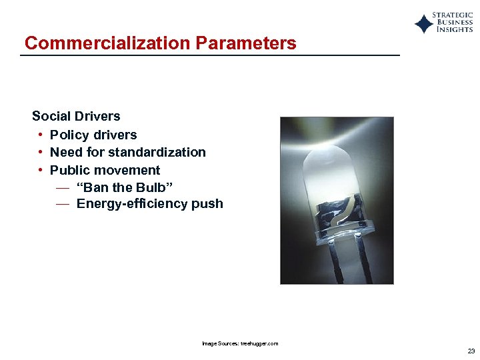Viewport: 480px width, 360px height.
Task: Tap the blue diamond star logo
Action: click(x=423, y=24)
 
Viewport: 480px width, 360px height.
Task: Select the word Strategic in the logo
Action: click(x=453, y=15)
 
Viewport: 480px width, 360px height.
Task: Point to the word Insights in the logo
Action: click(x=455, y=30)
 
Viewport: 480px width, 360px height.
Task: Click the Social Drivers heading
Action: click(x=76, y=116)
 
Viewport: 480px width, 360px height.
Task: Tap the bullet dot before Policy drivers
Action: click(x=41, y=135)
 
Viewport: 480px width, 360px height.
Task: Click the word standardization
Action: click(x=157, y=152)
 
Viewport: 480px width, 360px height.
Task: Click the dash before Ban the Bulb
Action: click(x=62, y=187)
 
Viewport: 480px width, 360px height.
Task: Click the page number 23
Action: click(x=471, y=351)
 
